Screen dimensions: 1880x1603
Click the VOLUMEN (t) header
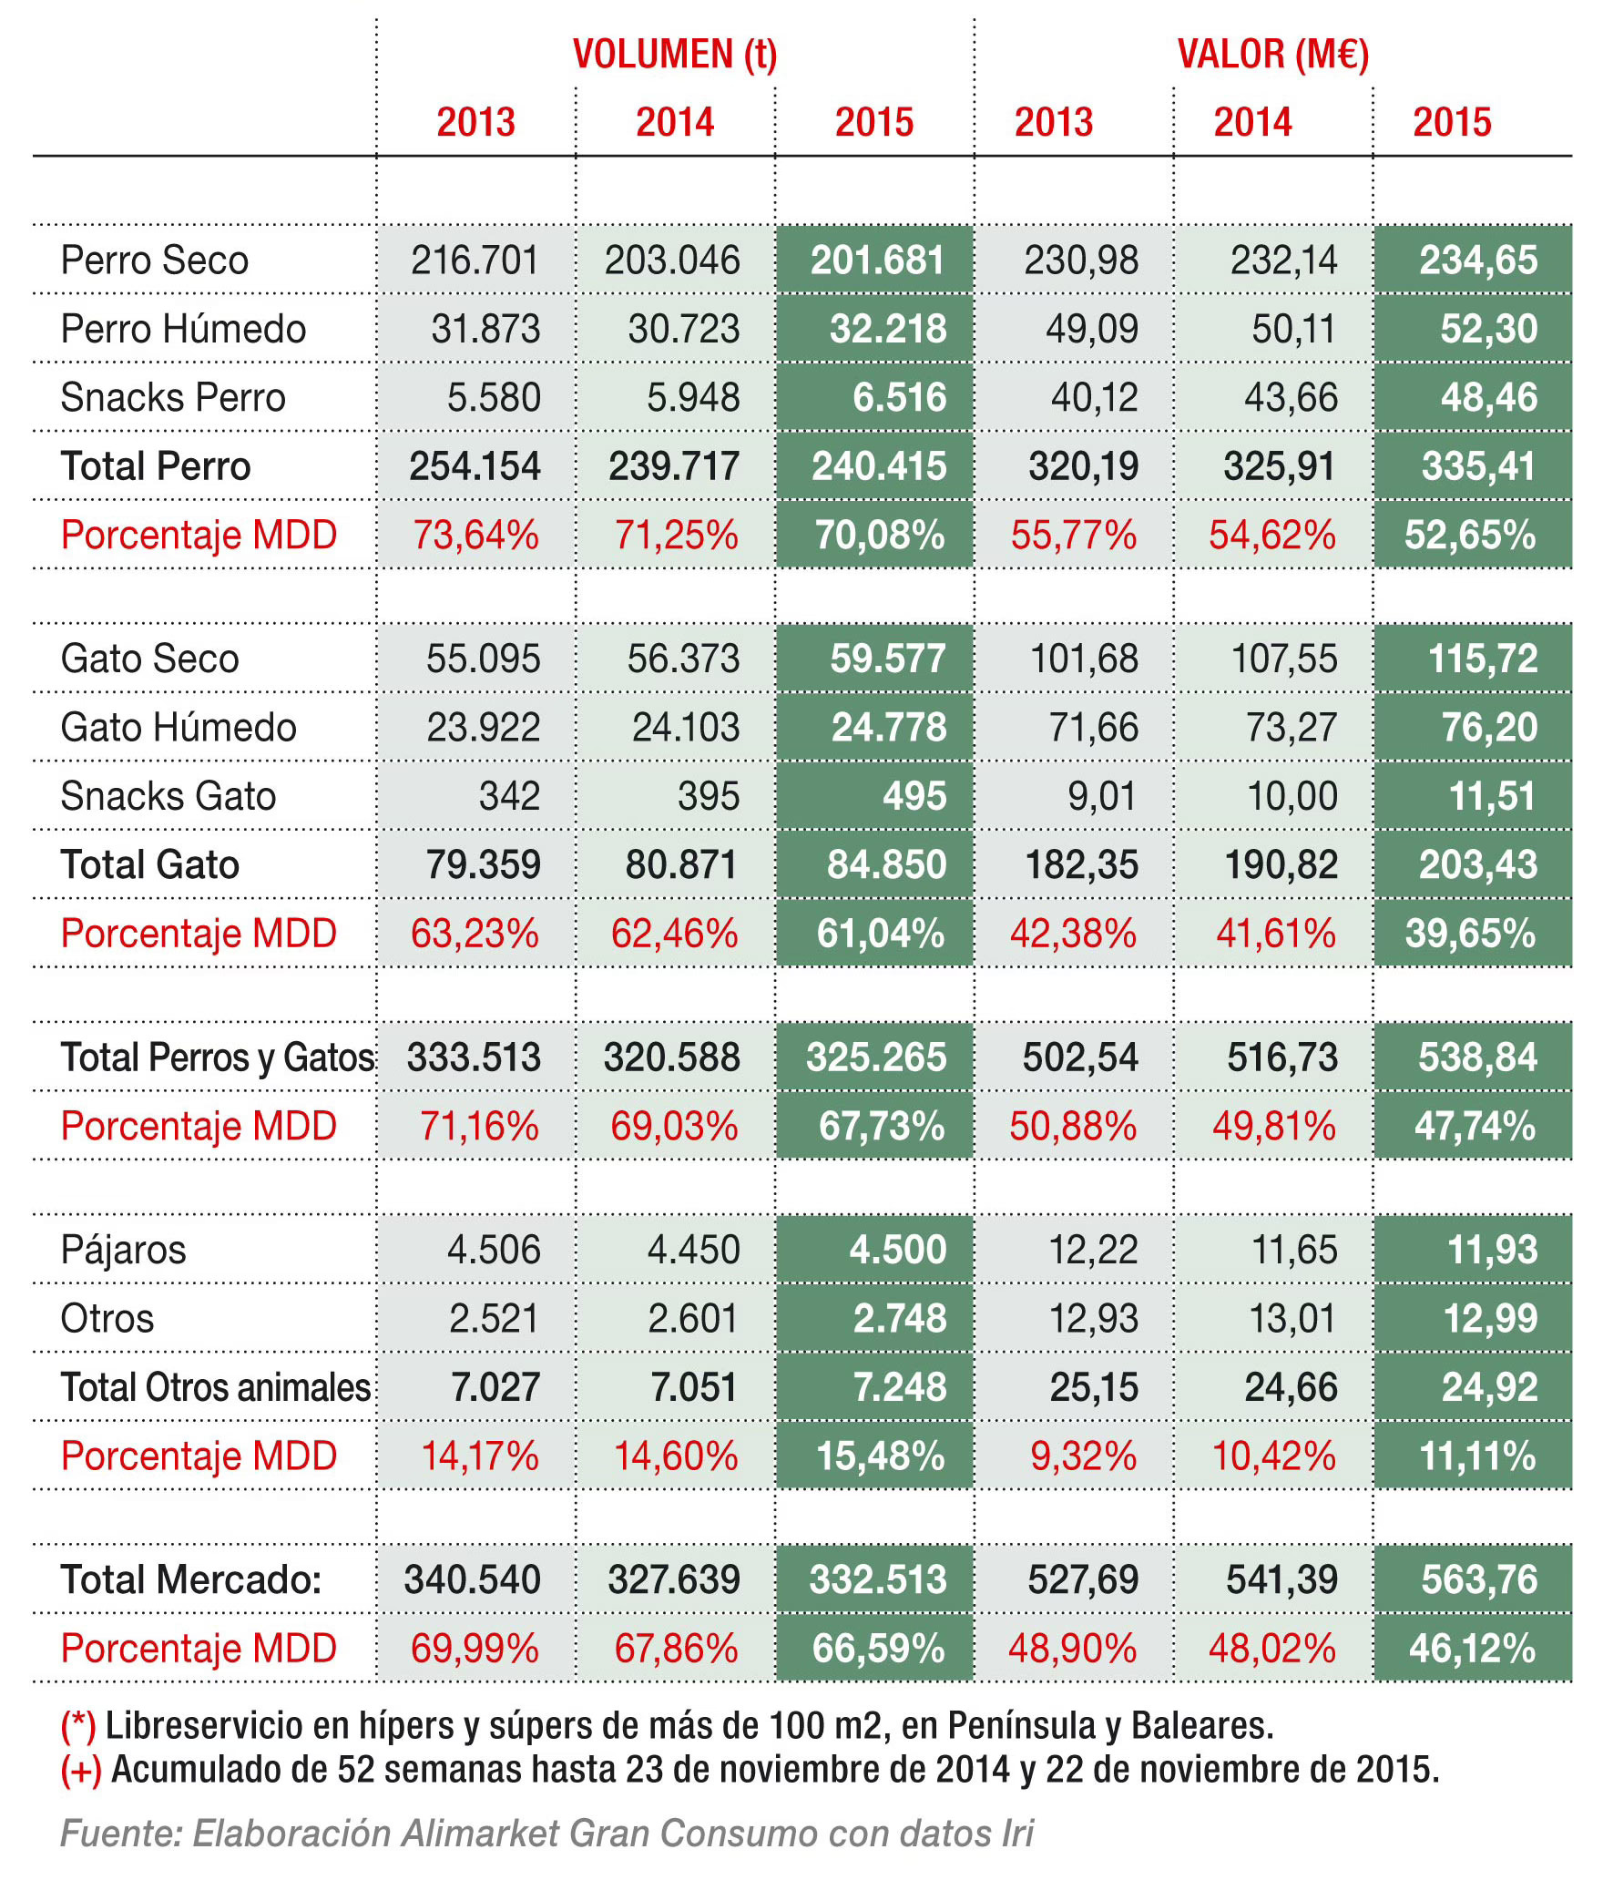pos(674,55)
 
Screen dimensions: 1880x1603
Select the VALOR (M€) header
pos(1272,55)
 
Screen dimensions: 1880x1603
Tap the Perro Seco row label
pos(154,261)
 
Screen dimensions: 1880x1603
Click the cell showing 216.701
pos(475,261)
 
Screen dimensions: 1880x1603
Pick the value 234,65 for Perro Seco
pos(1477,261)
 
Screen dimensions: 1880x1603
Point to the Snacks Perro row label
pos(173,398)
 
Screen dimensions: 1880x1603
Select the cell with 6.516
pos(899,398)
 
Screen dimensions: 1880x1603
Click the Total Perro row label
pos(156,466)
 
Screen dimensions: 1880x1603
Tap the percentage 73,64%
pos(475,536)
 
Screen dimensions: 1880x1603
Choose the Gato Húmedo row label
pos(179,728)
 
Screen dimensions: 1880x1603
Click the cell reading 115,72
pos(1482,659)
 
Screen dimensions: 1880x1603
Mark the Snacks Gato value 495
pos(914,796)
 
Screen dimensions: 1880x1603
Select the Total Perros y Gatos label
pos(217,1057)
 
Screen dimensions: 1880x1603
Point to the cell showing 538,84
pos(1477,1057)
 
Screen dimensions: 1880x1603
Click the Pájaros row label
pos(123,1250)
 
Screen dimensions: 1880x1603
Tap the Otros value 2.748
pos(899,1318)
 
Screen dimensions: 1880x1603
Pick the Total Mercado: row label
pos(191,1579)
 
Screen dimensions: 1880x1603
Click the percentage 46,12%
pos(1472,1649)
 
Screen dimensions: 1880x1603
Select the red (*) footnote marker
pos(78,1726)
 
